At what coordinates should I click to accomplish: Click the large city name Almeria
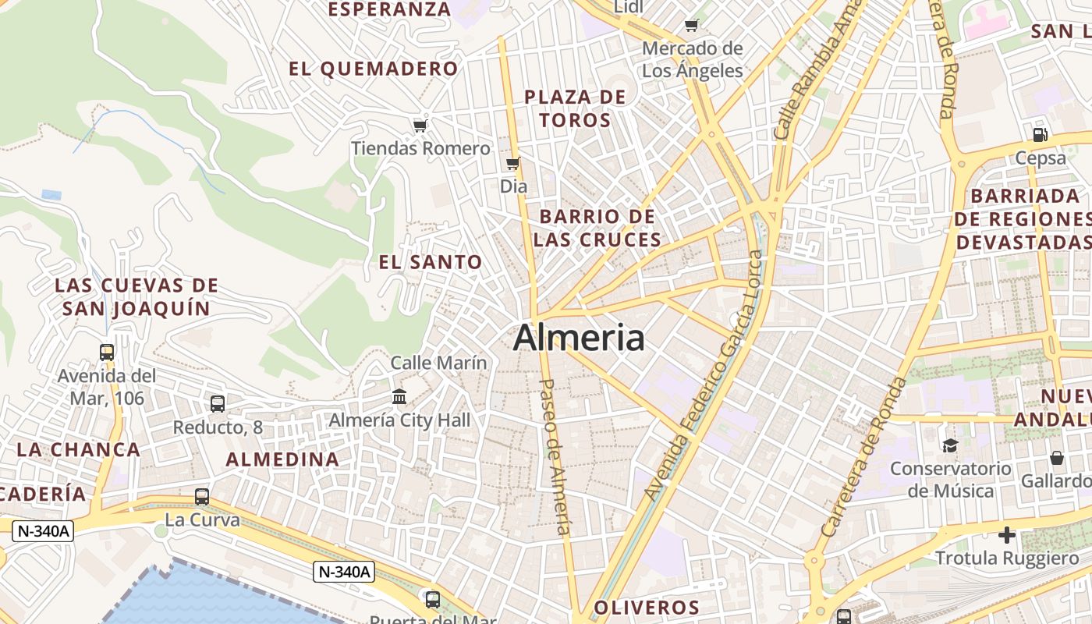tap(580, 338)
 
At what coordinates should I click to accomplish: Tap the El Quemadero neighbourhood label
tap(374, 69)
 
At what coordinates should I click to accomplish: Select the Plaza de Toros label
tap(575, 108)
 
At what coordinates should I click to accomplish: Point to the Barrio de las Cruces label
tap(597, 228)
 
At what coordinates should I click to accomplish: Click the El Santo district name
tap(431, 262)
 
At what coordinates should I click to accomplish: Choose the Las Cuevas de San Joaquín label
tap(136, 296)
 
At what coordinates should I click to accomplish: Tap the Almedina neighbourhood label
tap(283, 459)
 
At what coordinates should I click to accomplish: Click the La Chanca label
tap(79, 449)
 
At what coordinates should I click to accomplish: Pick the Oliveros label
tap(647, 608)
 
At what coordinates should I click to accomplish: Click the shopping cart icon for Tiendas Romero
tap(420, 126)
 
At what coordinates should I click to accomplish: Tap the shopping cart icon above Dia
tap(512, 163)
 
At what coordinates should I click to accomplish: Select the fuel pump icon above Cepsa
tap(1040, 134)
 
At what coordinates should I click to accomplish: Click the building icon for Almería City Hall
tap(399, 396)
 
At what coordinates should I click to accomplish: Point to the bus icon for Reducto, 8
tap(218, 403)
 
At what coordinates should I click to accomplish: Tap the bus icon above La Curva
tap(202, 496)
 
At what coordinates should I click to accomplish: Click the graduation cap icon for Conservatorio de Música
tap(950, 445)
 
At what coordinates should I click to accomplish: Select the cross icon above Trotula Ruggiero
tap(1007, 535)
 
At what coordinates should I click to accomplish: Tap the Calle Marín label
tap(438, 363)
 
